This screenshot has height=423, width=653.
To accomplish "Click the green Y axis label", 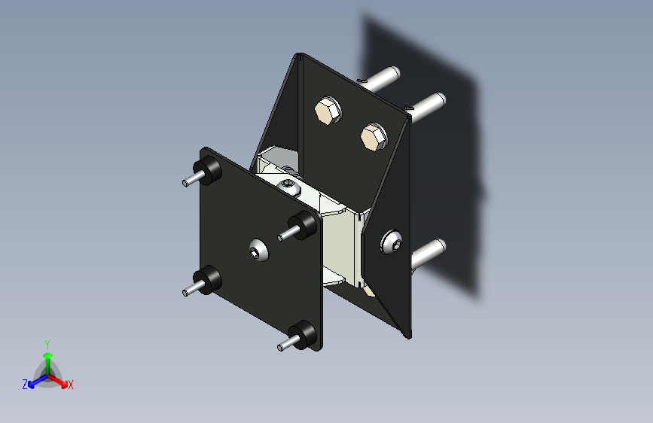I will coord(47,342).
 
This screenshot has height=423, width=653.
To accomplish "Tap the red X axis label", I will coord(71,385).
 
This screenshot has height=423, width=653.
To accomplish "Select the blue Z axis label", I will coord(25,384).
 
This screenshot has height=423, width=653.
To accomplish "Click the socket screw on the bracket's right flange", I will coord(391,241).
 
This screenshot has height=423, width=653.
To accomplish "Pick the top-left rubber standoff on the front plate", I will coord(208,170).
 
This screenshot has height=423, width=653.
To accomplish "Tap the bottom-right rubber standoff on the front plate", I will coord(304,334).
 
